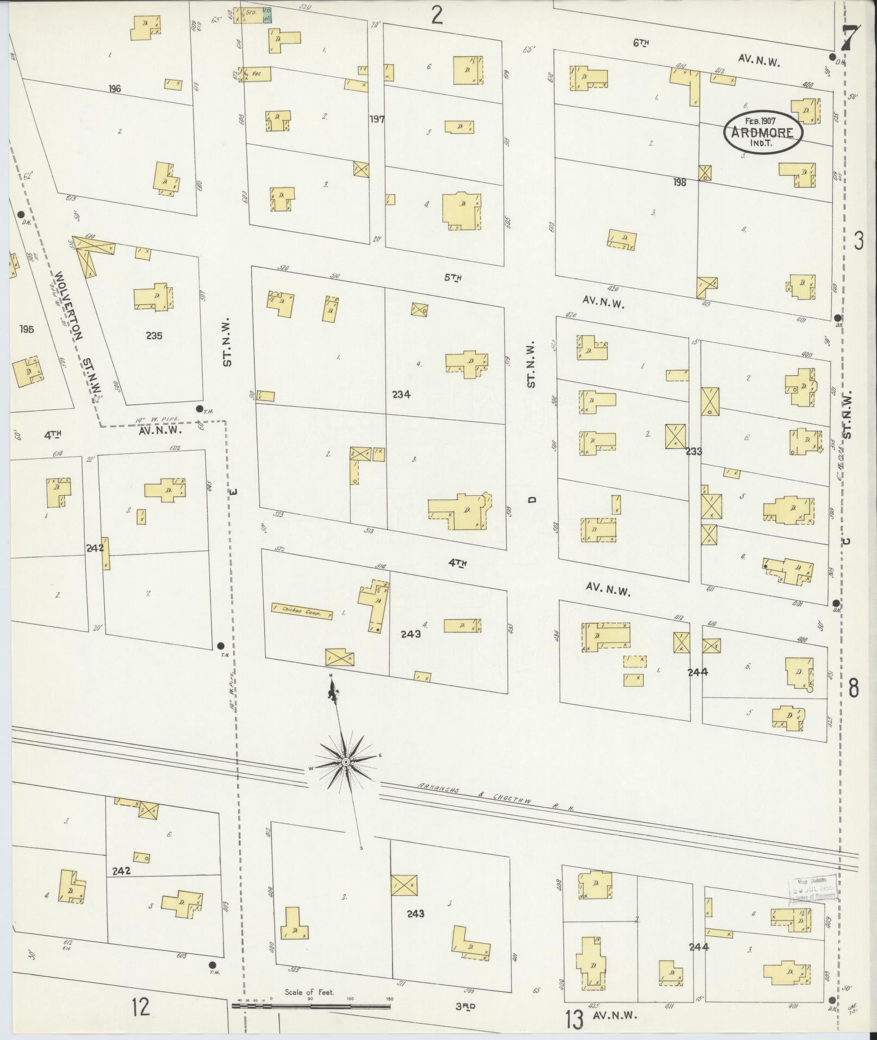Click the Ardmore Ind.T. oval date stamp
point(763,133)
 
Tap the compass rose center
point(346,763)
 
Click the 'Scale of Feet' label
point(310,992)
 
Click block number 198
point(680,182)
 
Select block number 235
point(154,335)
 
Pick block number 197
point(376,119)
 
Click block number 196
point(114,89)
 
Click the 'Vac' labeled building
point(256,74)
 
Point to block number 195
point(26,329)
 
